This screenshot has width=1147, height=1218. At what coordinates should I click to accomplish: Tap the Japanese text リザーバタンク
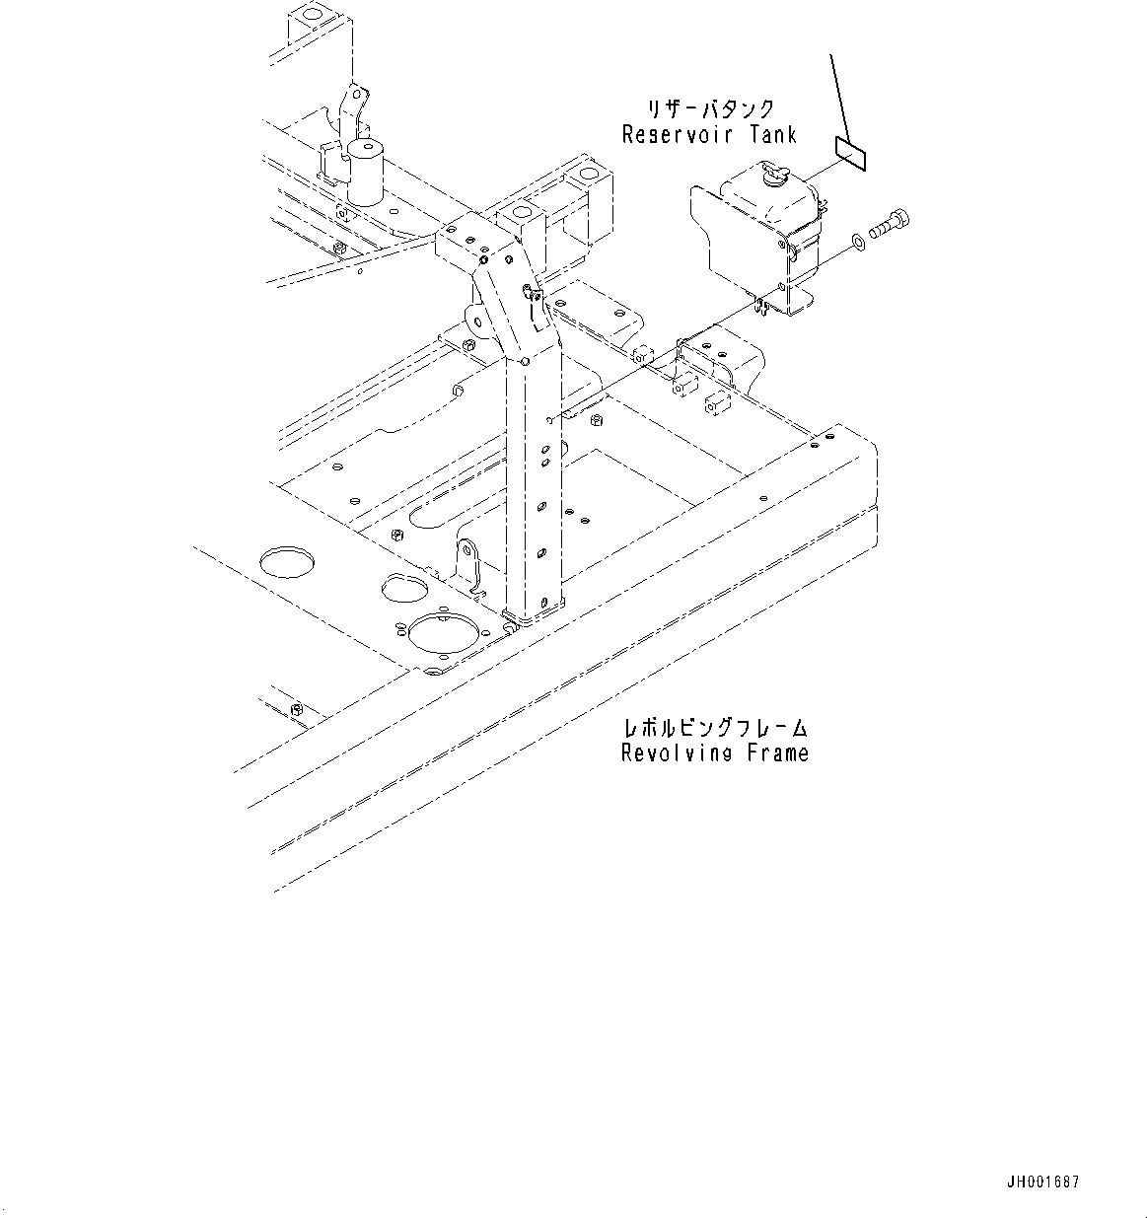[710, 109]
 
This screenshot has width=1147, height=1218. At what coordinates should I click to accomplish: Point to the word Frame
[779, 753]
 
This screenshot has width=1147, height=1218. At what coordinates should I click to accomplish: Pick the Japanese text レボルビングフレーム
[715, 729]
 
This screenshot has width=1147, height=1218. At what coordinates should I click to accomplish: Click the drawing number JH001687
[1043, 1182]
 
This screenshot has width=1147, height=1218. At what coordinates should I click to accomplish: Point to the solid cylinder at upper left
[364, 174]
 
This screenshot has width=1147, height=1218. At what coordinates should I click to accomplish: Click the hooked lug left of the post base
[468, 561]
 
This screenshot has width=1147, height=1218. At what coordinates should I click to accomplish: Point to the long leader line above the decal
[840, 94]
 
